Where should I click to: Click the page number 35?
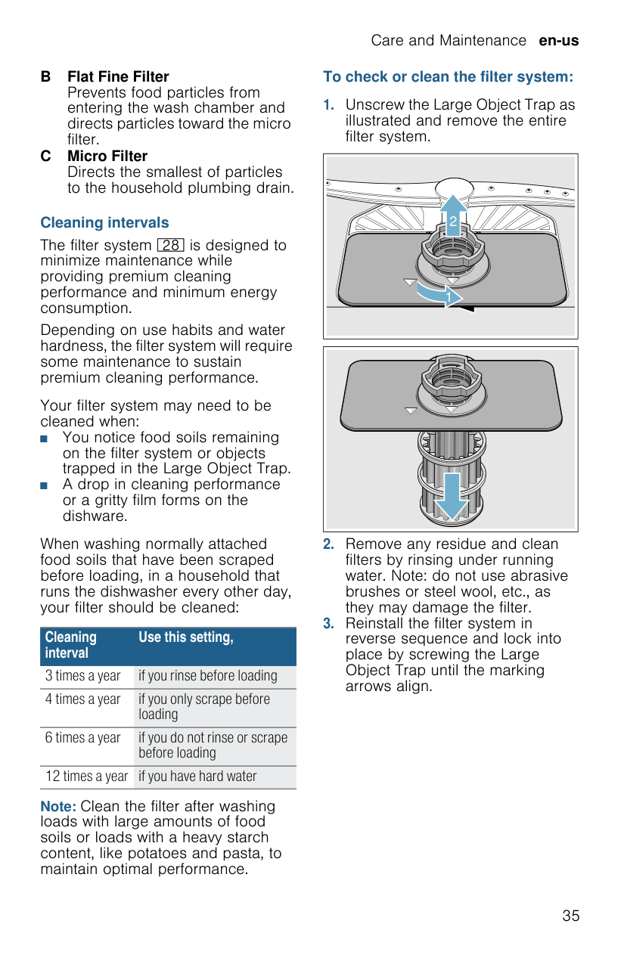click(x=570, y=916)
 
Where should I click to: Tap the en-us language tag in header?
click(x=558, y=41)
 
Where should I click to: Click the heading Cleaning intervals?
click(x=104, y=223)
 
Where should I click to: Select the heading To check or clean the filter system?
click(x=448, y=77)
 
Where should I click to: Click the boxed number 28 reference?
click(x=171, y=245)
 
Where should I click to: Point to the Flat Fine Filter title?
click(x=118, y=77)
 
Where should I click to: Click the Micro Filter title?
click(x=107, y=157)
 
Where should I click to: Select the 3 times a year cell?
click(x=83, y=676)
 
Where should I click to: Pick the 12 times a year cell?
click(x=86, y=776)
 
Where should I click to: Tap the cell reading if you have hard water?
click(x=197, y=776)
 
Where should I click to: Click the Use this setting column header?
click(x=186, y=637)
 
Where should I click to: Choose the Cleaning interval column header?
click(x=71, y=645)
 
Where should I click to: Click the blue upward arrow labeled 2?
click(x=452, y=215)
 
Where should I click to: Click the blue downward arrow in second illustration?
click(x=452, y=495)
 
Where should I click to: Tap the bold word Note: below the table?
click(x=58, y=807)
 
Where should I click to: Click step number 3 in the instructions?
click(x=328, y=624)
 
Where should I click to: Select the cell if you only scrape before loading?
click(x=204, y=707)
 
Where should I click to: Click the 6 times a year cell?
click(x=83, y=738)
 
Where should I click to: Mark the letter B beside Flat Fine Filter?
click(x=46, y=77)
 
